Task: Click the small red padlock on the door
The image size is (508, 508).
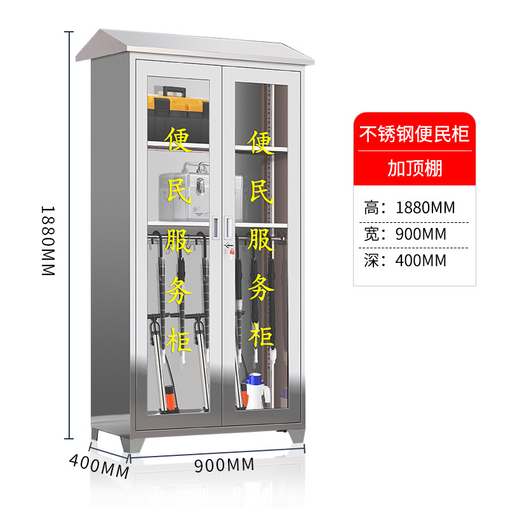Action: coord(231,251)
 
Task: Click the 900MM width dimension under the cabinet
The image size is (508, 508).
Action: coord(224,465)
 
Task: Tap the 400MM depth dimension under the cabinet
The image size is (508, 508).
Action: coord(99,465)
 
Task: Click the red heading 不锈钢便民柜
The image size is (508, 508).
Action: coord(414,134)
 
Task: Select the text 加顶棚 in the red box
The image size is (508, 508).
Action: coord(414,169)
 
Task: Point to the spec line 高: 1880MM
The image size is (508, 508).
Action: coord(410,207)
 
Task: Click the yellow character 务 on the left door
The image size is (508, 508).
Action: coord(180,291)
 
